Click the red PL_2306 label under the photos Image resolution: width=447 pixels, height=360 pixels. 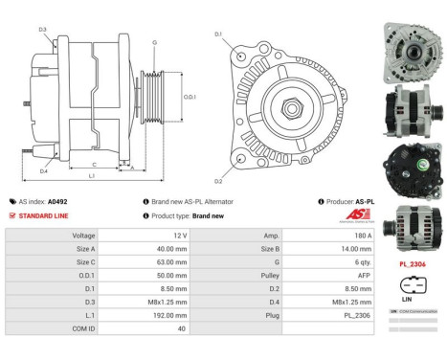(413, 263)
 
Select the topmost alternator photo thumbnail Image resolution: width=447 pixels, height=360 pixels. (413, 37)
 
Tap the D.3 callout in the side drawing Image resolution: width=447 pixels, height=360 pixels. (43, 30)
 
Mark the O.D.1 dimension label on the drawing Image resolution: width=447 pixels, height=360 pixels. (190, 97)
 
